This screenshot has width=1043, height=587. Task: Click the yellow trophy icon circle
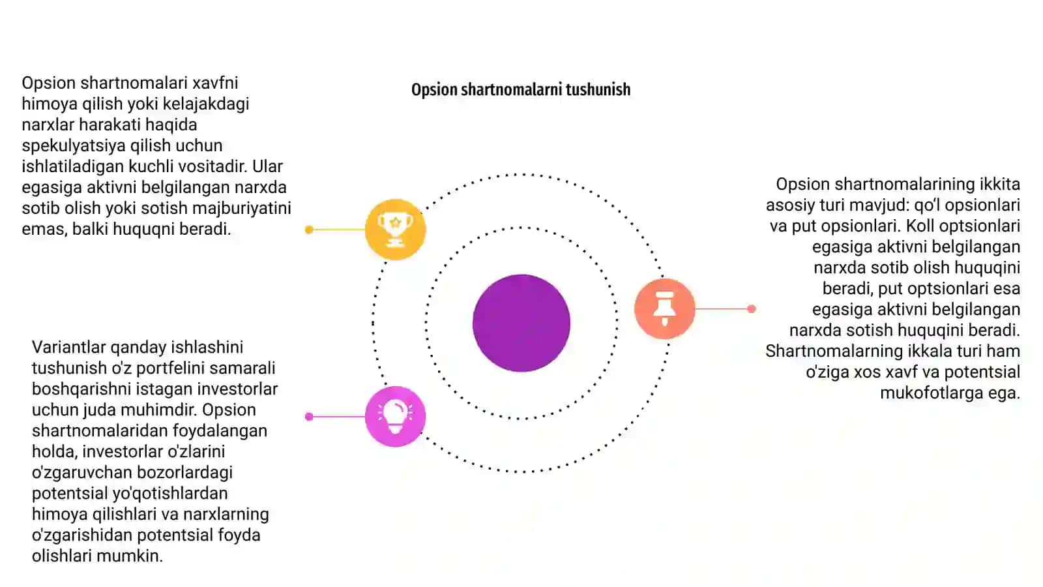[395, 229]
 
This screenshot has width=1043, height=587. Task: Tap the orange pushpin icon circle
[664, 309]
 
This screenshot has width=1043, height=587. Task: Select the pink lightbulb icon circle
[395, 417]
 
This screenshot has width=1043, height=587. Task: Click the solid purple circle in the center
[521, 323]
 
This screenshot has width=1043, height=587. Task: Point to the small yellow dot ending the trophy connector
[309, 229]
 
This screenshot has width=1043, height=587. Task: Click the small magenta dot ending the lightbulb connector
[309, 417]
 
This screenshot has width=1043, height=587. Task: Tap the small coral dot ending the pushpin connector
[751, 309]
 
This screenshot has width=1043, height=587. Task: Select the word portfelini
[171, 369]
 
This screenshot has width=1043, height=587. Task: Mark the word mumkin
[140, 556]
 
